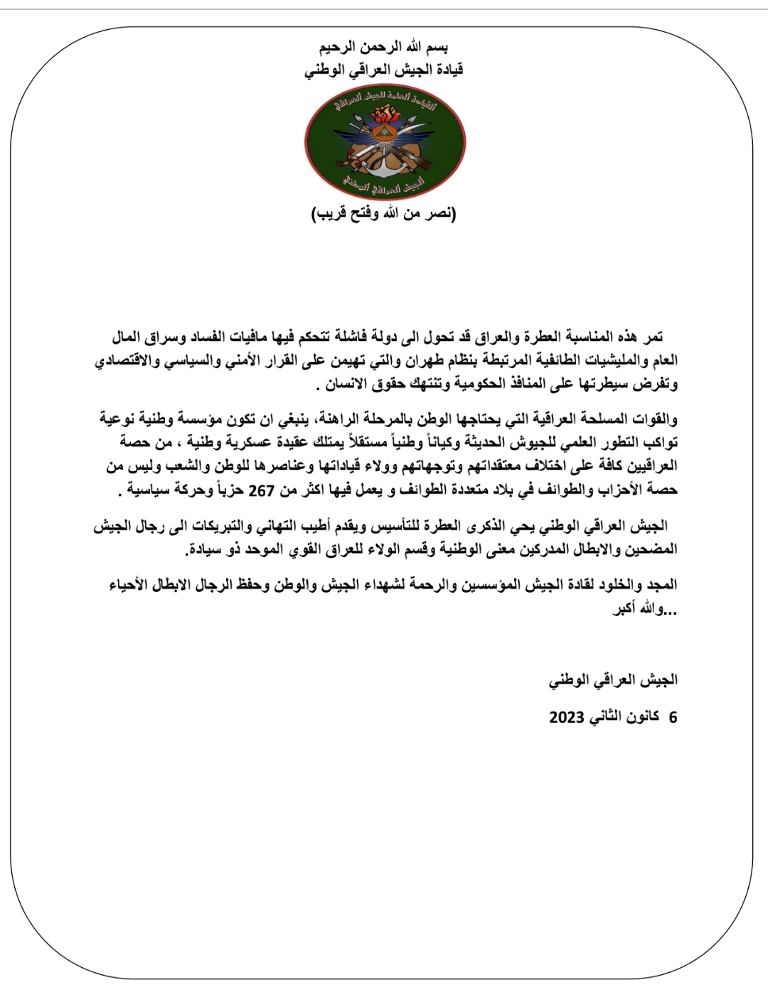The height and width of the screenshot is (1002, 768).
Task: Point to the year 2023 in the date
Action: coord(566,718)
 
